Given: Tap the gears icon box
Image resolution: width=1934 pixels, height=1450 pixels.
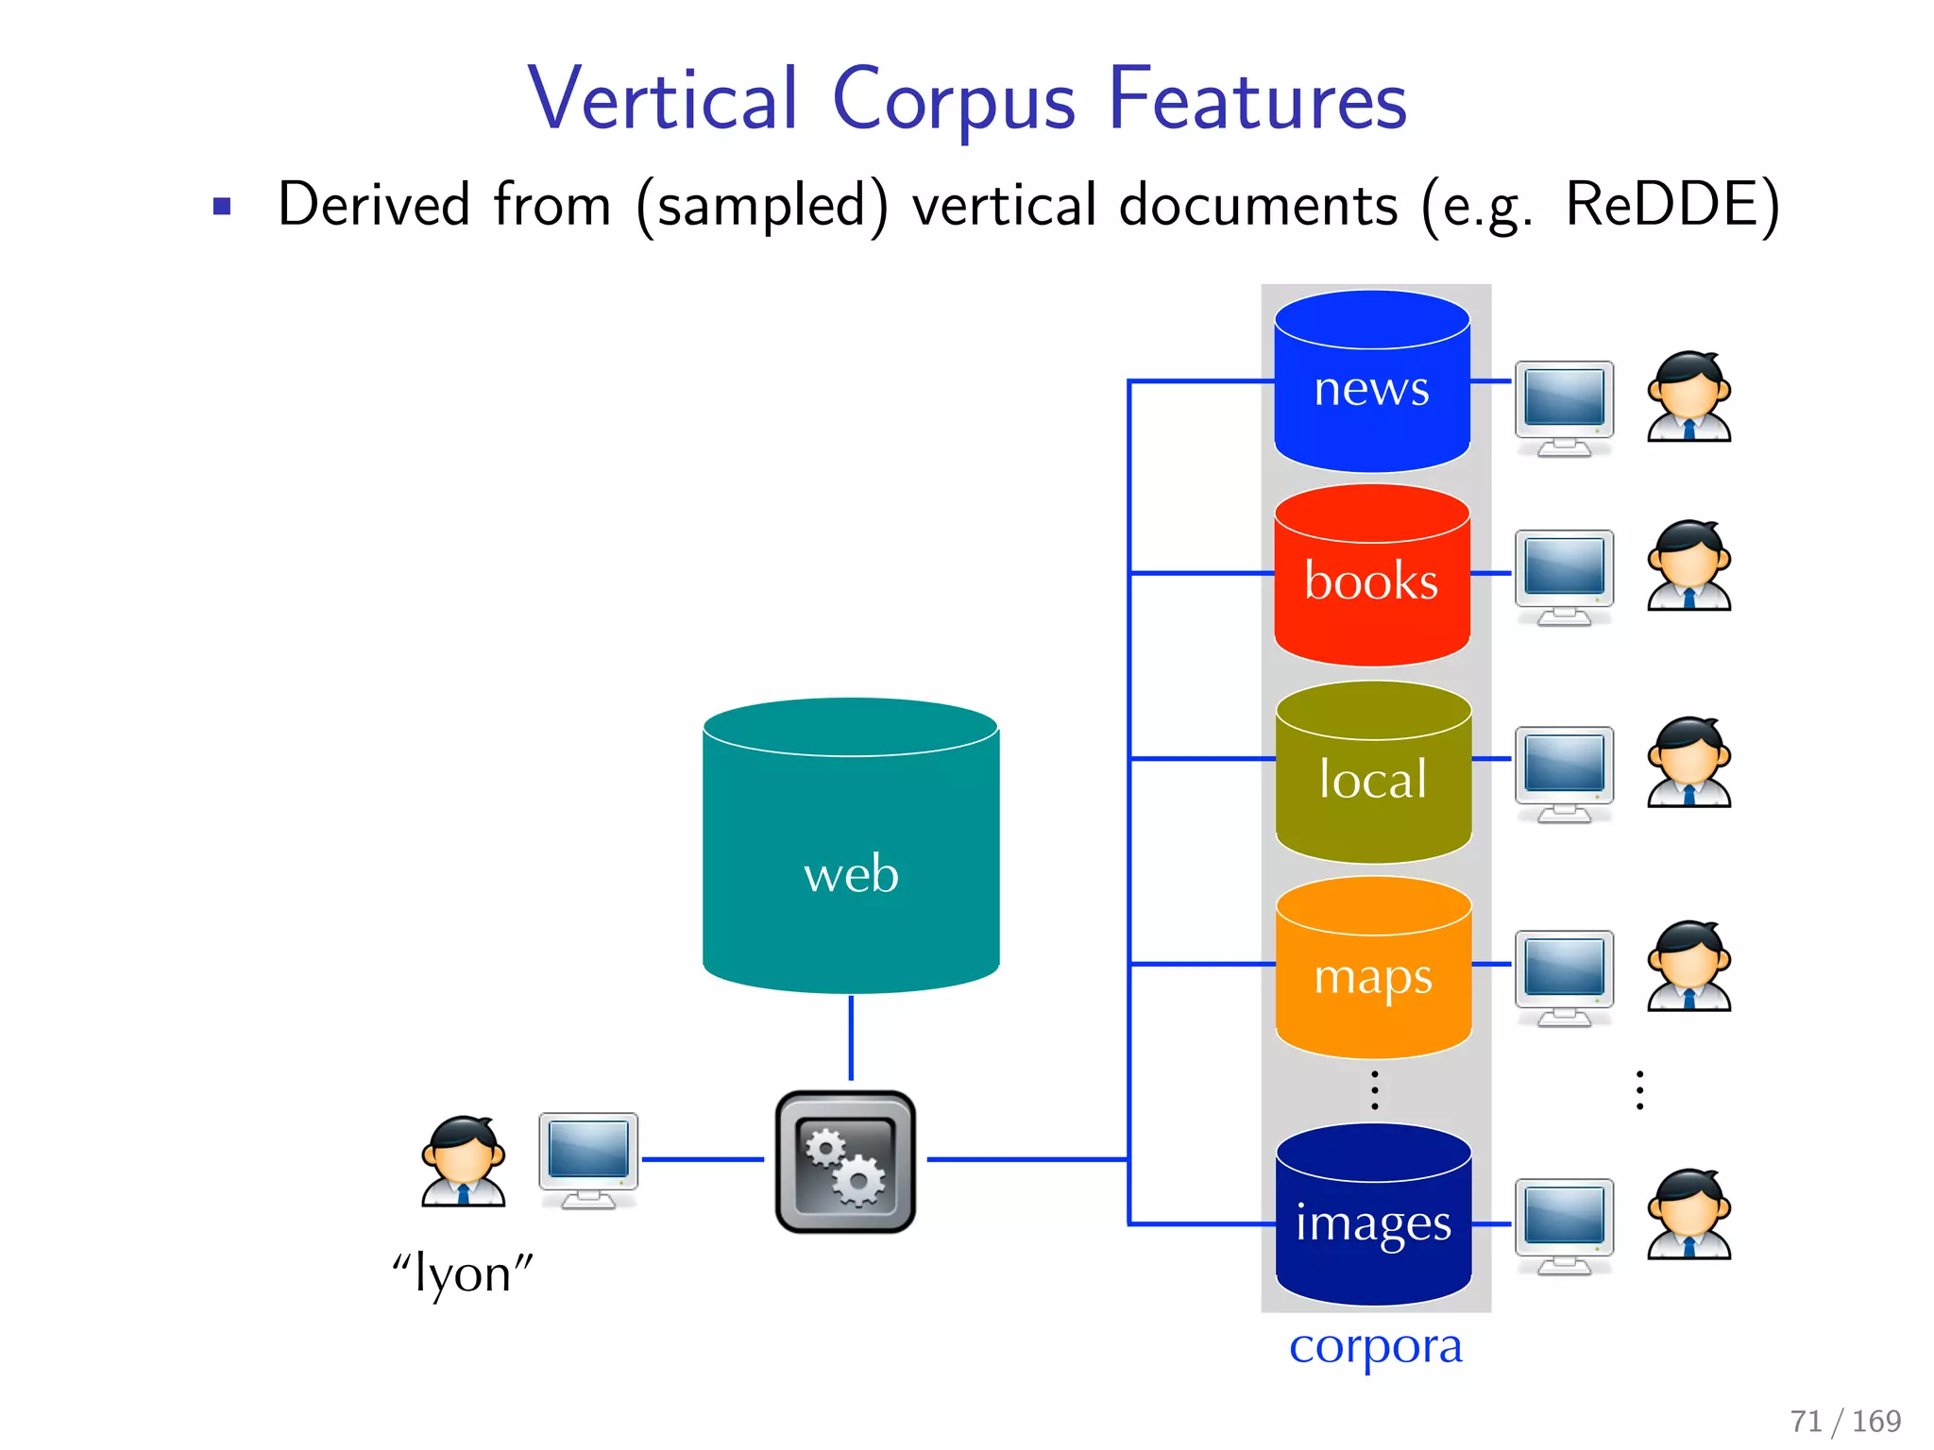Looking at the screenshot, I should [x=845, y=1161].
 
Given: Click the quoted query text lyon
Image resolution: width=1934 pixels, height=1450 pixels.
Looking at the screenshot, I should [x=463, y=1274].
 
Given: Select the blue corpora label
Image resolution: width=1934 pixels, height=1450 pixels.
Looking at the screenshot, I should [x=1375, y=1345].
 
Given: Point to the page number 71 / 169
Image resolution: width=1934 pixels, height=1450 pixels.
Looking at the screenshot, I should [x=1845, y=1420].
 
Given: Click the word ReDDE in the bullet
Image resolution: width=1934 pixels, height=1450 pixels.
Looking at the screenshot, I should [x=1671, y=205].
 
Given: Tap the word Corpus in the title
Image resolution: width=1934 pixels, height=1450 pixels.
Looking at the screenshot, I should [x=954, y=99].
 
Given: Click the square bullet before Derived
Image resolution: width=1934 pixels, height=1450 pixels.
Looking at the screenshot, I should [x=222, y=207].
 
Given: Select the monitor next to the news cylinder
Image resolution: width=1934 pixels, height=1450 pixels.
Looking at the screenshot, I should [x=1564, y=406].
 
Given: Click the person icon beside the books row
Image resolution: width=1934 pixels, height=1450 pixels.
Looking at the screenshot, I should [x=1688, y=566].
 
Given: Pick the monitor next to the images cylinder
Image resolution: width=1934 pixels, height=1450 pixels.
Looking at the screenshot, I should [x=1564, y=1224].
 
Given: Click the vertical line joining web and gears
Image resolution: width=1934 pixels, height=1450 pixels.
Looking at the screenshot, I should [x=851, y=1038].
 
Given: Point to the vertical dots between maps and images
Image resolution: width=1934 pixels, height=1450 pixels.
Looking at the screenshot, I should [x=1375, y=1090].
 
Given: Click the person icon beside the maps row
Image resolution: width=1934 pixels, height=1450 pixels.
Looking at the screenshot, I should [x=1688, y=967].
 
